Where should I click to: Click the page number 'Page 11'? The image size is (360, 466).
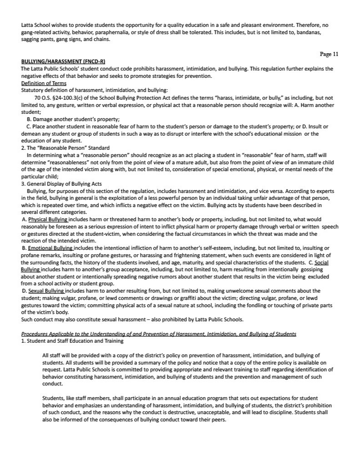[x=329, y=54]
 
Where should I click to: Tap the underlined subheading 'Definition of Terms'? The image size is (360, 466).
[x=44, y=83]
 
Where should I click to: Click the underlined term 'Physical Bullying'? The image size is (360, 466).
[x=48, y=219]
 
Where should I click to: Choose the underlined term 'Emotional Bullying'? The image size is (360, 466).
[x=51, y=248]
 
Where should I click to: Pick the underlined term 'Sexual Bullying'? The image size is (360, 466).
[x=46, y=290]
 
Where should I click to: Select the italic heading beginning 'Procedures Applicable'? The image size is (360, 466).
[x=158, y=334]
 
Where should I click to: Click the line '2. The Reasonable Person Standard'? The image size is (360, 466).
[x=66, y=148]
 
